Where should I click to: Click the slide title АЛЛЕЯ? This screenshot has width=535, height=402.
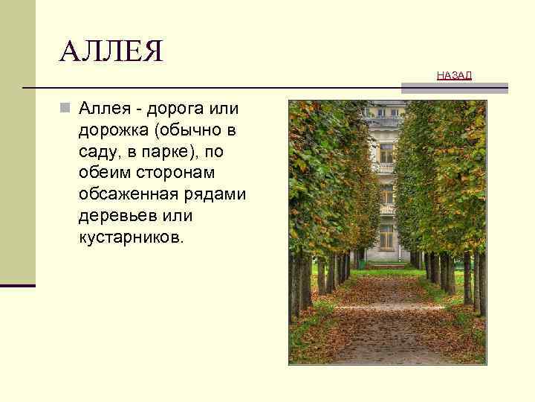click(111, 52)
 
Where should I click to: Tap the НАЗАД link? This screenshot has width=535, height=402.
click(454, 75)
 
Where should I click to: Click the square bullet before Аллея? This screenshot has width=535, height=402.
click(66, 109)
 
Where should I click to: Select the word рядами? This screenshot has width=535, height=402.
click(215, 195)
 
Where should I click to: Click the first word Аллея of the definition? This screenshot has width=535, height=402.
click(103, 109)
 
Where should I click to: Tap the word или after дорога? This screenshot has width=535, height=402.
click(225, 109)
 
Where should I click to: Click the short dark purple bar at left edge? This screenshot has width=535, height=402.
click(18, 285)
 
